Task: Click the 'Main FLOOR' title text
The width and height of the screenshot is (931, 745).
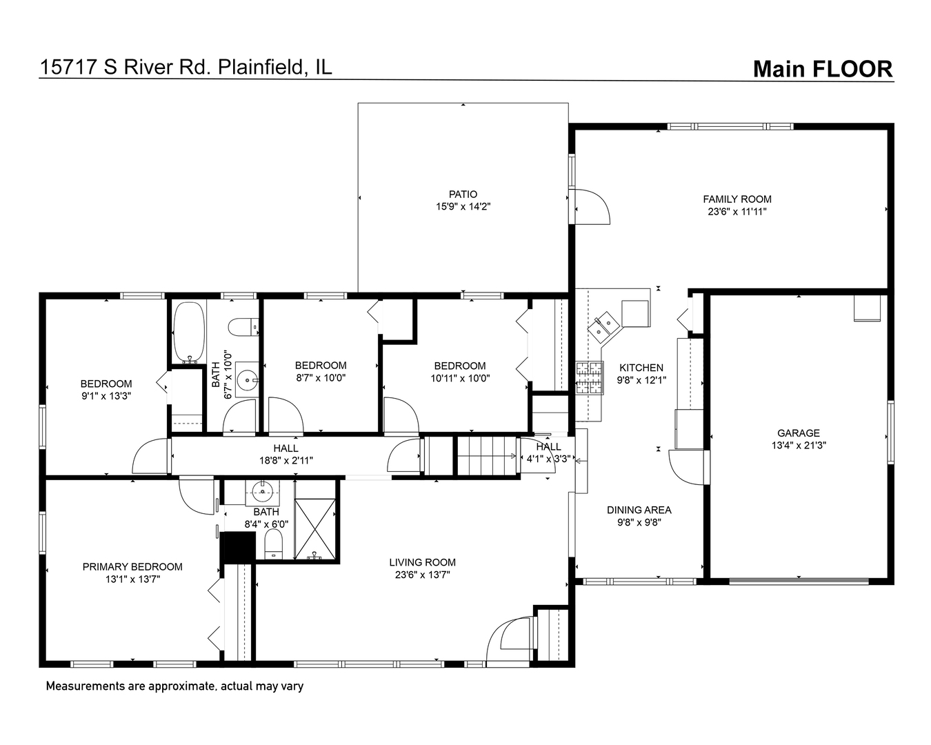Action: coord(822,69)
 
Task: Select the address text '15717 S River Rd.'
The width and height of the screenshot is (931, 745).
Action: coord(127,67)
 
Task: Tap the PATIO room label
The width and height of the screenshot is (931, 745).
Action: coord(463,195)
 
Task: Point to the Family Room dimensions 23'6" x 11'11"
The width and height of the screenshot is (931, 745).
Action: coord(737,212)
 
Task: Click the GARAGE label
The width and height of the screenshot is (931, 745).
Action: coord(799,433)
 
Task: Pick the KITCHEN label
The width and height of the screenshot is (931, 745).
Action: coord(641,368)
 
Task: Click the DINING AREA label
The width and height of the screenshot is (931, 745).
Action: coord(639,510)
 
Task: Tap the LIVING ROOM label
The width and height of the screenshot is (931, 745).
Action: coord(422,562)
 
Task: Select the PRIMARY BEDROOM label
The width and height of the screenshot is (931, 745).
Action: coord(132,567)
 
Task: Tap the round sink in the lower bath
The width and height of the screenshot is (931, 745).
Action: coord(263,492)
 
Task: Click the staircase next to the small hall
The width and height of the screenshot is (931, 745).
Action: coord(487,456)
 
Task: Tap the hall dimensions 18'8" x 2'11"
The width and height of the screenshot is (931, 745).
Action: coord(286,460)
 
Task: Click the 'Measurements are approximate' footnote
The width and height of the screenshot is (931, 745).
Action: coord(174,686)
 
